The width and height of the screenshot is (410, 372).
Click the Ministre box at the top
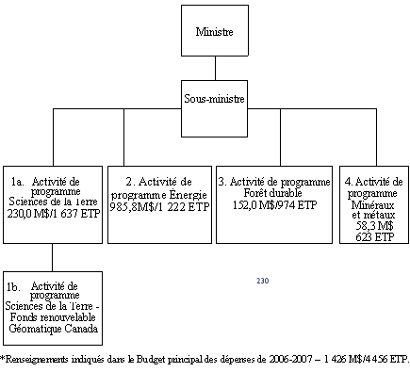[214, 31]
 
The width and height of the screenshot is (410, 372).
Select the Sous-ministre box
[214, 96]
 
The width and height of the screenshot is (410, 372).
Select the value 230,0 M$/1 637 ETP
[53, 214]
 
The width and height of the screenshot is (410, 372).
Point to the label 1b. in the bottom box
[15, 284]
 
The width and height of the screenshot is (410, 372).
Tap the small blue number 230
[262, 281]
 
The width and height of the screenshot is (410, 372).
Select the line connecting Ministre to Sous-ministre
[214, 69]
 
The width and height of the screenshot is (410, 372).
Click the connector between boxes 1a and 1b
[52, 257]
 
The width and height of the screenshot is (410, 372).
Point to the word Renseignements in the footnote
[40, 359]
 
